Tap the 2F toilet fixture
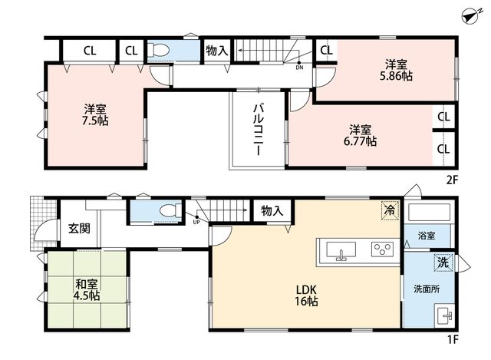click(159, 50)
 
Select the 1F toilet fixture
click(170, 210)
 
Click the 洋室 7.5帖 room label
click(95, 115)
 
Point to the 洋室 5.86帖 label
click(396, 71)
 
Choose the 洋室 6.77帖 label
click(360, 135)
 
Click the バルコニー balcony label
click(259, 130)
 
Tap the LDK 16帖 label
click(306, 296)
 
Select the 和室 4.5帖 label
click(86, 290)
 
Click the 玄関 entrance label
click(79, 229)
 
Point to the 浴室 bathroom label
click(427, 236)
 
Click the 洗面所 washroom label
click(427, 289)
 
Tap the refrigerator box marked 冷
click(390, 210)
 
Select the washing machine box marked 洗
click(443, 263)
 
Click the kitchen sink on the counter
click(341, 250)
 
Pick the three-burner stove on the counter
click(382, 249)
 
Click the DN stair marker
click(300, 67)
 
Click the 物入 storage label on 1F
click(272, 211)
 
